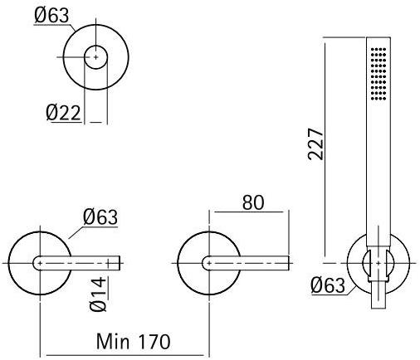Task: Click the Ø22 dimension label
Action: tap(62, 113)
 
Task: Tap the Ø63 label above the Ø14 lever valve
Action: tap(100, 217)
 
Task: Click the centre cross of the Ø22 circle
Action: tap(96, 56)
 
